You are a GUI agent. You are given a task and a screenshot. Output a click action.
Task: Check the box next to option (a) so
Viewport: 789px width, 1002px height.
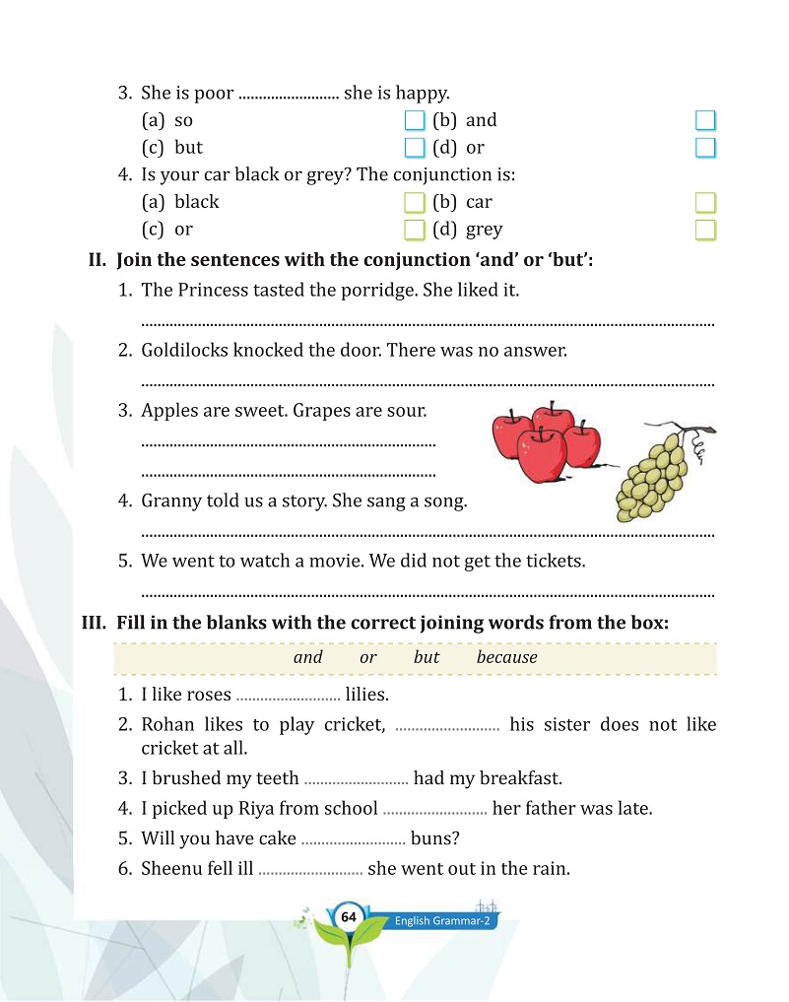pyautogui.click(x=415, y=121)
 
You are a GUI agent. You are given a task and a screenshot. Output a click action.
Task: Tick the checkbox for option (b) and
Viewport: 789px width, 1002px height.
pyautogui.click(x=705, y=121)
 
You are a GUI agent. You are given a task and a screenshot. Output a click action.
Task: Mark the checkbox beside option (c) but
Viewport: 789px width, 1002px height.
pyautogui.click(x=415, y=149)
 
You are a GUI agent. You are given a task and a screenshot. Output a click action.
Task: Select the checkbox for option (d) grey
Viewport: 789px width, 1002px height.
pyautogui.click(x=705, y=231)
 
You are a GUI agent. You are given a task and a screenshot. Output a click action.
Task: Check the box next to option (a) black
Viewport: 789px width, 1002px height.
pyautogui.click(x=415, y=203)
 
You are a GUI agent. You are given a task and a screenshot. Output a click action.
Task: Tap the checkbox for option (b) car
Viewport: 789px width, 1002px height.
pyautogui.click(x=705, y=203)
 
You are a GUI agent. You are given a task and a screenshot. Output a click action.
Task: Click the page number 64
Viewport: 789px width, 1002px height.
pyautogui.click(x=347, y=917)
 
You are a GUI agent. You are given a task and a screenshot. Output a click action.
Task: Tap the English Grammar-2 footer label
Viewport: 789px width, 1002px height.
pyautogui.click(x=442, y=921)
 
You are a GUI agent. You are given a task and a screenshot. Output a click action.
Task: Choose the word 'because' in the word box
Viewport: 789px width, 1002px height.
pyautogui.click(x=507, y=657)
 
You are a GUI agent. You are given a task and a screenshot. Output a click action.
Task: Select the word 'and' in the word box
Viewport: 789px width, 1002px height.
pyautogui.click(x=308, y=657)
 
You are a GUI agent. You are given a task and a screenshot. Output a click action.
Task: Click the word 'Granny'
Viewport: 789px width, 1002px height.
pyautogui.click(x=170, y=501)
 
